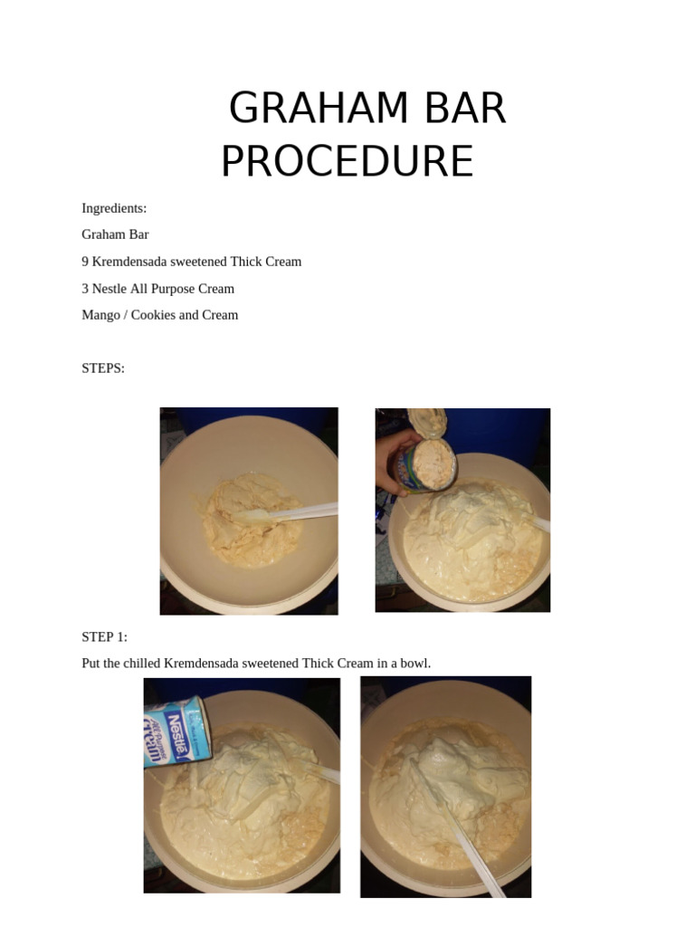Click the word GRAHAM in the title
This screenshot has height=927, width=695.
click(319, 108)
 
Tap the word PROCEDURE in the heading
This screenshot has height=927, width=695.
click(347, 161)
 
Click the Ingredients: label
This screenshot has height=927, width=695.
click(114, 208)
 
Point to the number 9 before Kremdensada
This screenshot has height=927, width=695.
click(85, 262)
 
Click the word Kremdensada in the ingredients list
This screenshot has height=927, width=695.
click(129, 262)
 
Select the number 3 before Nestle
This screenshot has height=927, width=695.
click(85, 289)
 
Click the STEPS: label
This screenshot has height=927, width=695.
click(103, 368)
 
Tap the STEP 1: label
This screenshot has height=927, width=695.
click(105, 636)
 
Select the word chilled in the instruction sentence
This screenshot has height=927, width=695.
click(142, 664)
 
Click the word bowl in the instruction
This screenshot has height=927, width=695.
click(415, 664)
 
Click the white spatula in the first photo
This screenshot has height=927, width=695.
click(287, 513)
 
